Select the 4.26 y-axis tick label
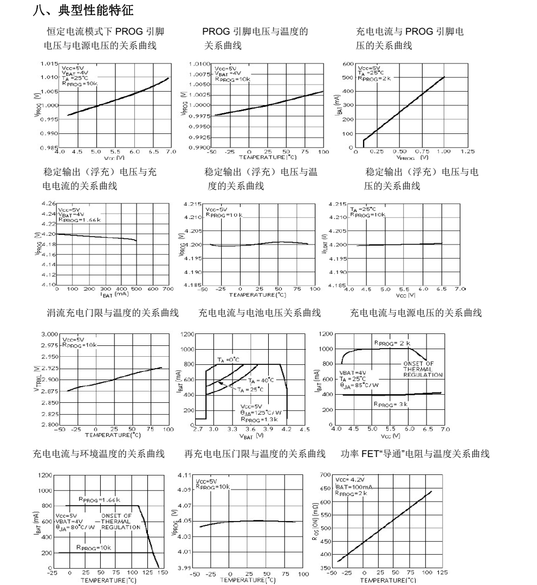click(48, 203)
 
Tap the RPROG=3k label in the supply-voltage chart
click(391, 404)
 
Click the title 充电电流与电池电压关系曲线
click(260, 313)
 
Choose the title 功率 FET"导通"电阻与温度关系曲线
click(416, 454)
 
